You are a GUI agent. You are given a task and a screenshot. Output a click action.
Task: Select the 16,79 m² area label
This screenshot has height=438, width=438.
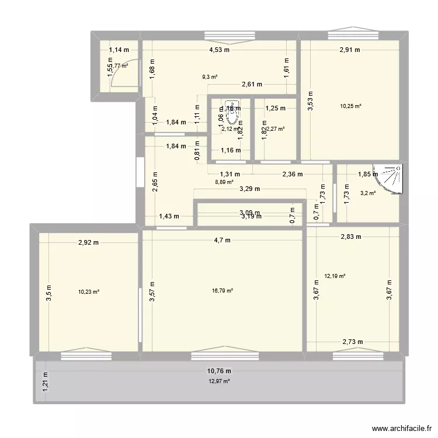[223, 290]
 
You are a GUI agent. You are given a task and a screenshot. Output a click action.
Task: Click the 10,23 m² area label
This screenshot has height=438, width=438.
[89, 293]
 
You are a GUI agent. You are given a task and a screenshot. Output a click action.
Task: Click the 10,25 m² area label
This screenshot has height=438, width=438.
[350, 106]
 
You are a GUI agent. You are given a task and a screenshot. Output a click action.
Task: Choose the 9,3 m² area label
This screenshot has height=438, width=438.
[210, 77]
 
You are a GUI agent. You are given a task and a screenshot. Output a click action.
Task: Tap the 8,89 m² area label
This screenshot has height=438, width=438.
[224, 182]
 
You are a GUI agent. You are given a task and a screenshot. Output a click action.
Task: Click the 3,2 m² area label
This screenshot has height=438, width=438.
[368, 193]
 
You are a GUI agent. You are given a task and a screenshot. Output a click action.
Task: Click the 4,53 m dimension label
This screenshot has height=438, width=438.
[220, 50]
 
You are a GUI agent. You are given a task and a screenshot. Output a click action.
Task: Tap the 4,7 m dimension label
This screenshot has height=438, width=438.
[223, 239]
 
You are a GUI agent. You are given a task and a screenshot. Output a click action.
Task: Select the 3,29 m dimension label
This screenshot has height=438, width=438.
[249, 189]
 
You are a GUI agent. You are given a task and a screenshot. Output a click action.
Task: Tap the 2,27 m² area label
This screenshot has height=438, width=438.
[276, 129]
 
